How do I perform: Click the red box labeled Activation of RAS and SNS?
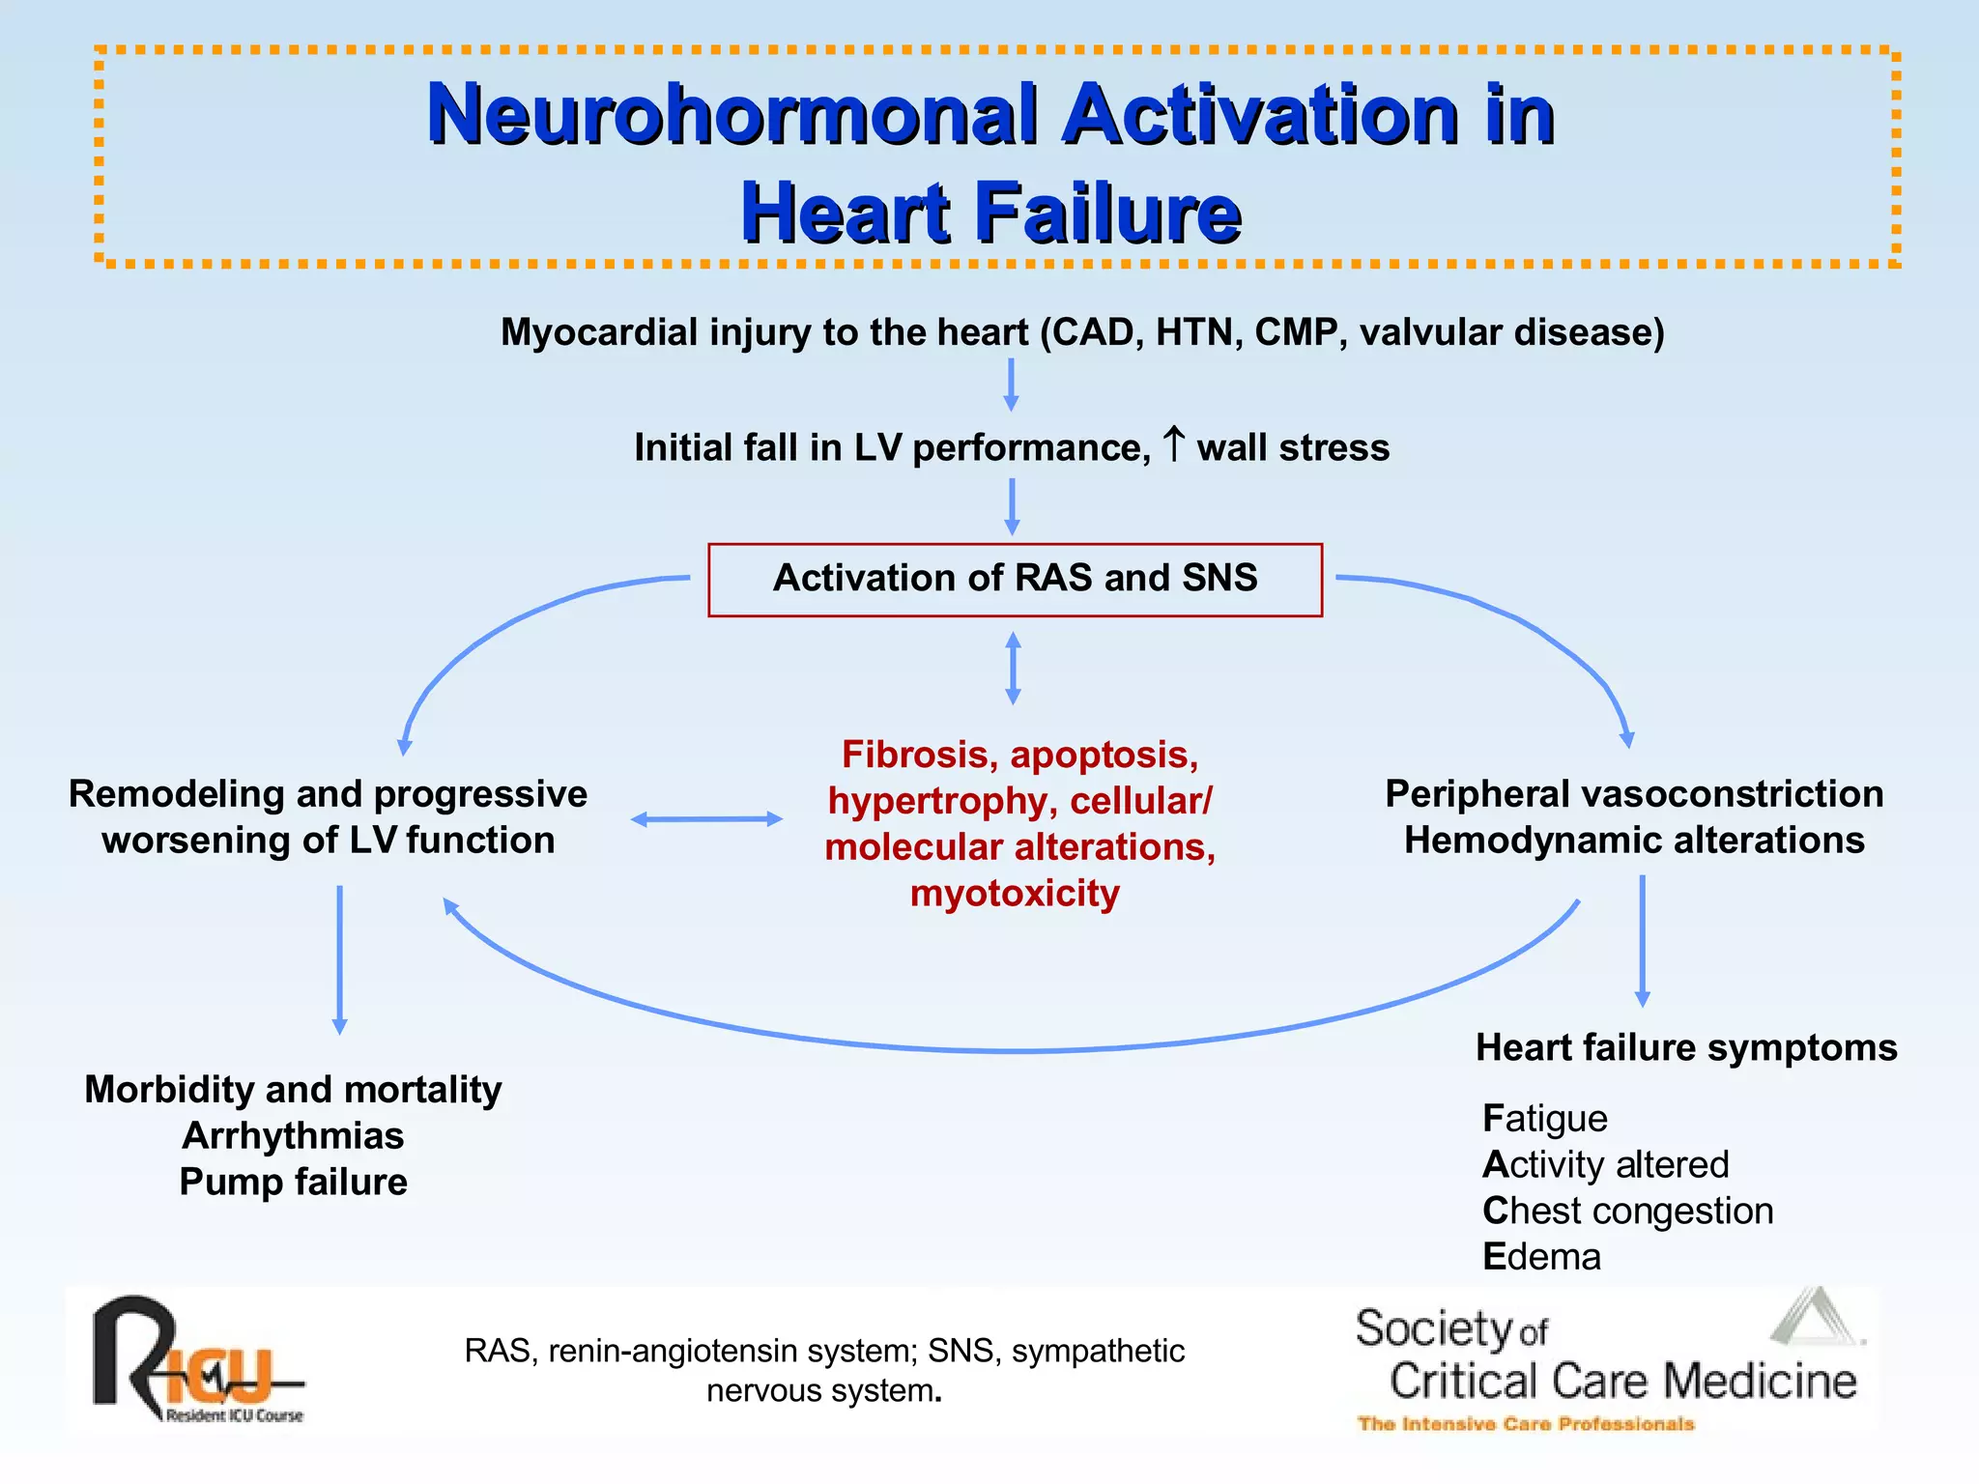point(1015,580)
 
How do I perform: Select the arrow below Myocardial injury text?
point(1011,385)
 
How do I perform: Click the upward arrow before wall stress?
point(1173,444)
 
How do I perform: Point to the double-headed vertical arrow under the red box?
point(1013,668)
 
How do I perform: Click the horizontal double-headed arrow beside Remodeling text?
point(706,819)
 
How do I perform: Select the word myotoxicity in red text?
point(1015,893)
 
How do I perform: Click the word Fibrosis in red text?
point(917,755)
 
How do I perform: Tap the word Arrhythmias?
point(293,1135)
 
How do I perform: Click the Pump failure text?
point(293,1182)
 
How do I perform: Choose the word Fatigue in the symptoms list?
point(1544,1119)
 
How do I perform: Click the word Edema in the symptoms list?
point(1541,1257)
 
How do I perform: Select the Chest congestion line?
point(1627,1211)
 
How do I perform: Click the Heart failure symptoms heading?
point(1686,1047)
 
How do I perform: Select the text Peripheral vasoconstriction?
point(1634,793)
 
